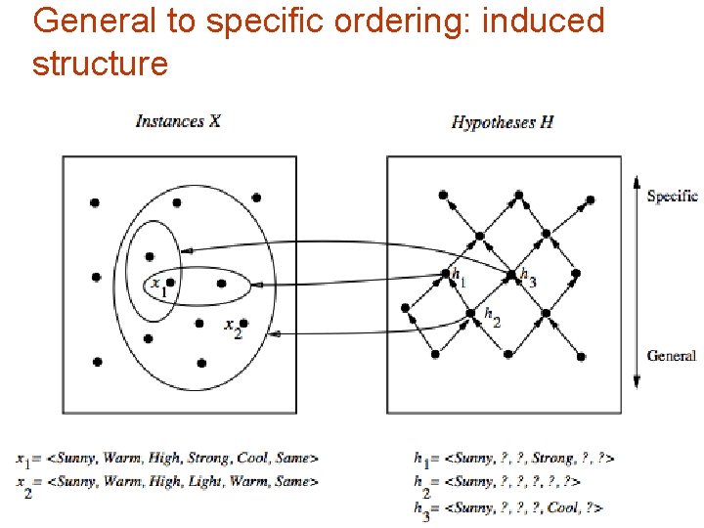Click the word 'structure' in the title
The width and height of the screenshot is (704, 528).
100,65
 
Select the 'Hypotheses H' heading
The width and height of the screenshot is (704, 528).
502,121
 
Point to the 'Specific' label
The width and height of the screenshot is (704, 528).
672,196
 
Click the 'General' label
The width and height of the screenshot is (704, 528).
671,356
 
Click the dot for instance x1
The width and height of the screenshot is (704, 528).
170,284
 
